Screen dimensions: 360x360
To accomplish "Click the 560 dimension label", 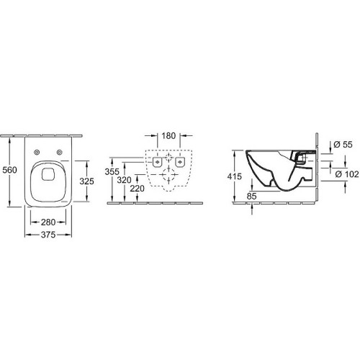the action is coord(9,170).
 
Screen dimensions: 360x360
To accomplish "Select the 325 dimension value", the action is coord(86,181).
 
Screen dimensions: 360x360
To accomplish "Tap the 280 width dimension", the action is coord(48,222).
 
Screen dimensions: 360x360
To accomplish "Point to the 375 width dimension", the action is coord(48,235).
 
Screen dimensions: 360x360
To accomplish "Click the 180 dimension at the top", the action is coord(168,136).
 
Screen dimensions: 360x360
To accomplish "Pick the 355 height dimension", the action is coord(112,171).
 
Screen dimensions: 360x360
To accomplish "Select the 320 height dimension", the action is coord(124,180).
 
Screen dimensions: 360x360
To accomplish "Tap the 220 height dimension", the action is coord(138,189).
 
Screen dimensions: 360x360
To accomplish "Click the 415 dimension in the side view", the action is coord(235,176).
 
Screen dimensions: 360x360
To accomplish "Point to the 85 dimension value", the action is coord(251,196).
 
